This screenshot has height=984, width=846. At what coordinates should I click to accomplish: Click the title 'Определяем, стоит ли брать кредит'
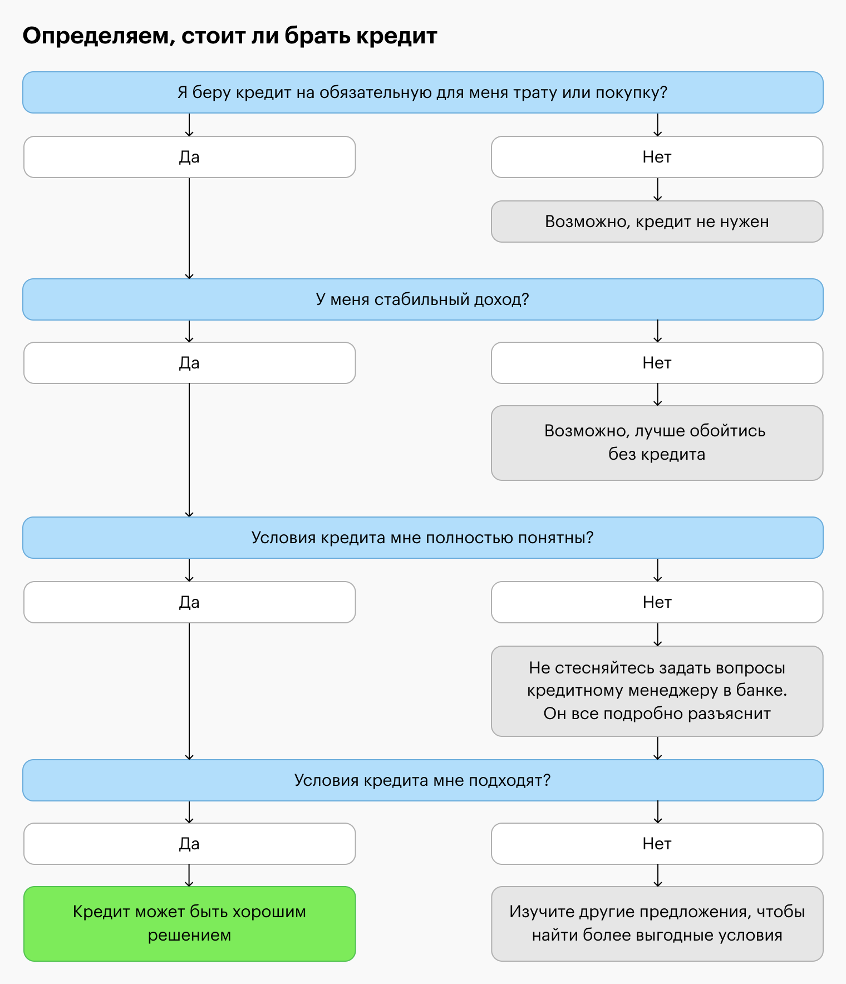(230, 36)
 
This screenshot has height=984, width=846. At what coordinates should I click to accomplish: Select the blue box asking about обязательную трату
(423, 92)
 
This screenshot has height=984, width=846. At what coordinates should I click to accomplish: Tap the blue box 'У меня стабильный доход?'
(423, 299)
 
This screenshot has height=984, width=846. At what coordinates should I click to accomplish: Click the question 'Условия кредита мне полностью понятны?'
(423, 538)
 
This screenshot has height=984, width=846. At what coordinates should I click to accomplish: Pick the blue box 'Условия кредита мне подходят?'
(423, 780)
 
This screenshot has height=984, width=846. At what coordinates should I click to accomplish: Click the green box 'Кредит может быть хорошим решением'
(190, 924)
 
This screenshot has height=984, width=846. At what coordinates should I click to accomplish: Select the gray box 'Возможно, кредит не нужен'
(657, 222)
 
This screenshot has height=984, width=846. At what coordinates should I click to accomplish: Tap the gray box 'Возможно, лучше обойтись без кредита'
(657, 443)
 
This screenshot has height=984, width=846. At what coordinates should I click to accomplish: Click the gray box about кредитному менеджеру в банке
(657, 691)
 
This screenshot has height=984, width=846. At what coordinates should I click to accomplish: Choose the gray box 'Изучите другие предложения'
(657, 924)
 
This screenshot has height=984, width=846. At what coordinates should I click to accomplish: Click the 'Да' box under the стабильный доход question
(190, 363)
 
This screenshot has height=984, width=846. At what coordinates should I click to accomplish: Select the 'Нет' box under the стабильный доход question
(657, 363)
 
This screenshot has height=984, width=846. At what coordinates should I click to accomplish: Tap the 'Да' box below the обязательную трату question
(190, 157)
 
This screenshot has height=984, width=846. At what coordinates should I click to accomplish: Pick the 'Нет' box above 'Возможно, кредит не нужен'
(657, 157)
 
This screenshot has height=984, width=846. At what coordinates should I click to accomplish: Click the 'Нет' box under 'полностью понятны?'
(657, 602)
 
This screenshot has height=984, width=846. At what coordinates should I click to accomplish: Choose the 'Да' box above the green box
(190, 844)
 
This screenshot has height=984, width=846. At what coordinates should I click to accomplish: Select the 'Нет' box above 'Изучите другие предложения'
(657, 844)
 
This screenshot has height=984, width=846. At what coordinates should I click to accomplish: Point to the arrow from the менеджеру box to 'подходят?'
(658, 748)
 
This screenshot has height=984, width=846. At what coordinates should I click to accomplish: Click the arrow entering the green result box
(189, 875)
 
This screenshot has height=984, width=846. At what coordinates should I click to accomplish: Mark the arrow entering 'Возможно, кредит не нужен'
(658, 189)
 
